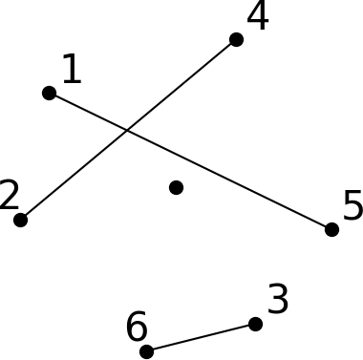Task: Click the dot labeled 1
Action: click(49, 93)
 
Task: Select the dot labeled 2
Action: click(20, 220)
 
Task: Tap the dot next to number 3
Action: click(255, 324)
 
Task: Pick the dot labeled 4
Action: click(236, 39)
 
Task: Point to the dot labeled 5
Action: click(331, 229)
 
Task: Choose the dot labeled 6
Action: click(146, 351)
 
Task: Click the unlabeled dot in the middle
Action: click(176, 187)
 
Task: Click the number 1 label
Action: click(71, 70)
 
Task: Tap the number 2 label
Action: click(10, 196)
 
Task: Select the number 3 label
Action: click(278, 300)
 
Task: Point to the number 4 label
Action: click(257, 16)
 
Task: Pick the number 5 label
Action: click(352, 206)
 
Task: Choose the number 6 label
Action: click(137, 328)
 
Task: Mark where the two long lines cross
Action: click(127, 131)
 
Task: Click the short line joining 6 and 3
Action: click(201, 337)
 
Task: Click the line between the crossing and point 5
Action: click(229, 180)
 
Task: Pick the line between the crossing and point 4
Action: click(181, 85)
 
